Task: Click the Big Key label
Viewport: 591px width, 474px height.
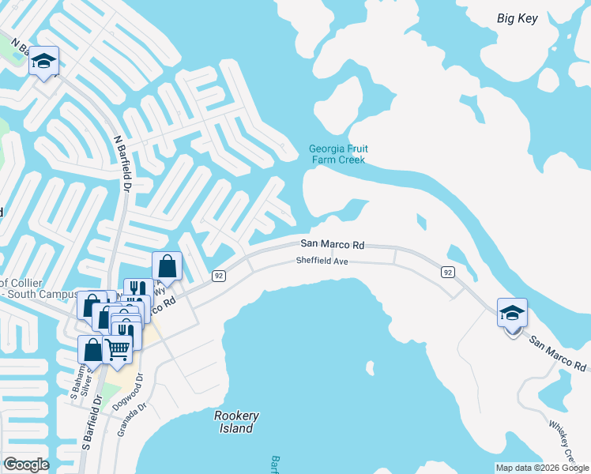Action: [518, 18]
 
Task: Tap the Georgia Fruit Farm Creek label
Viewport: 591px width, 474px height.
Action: [338, 154]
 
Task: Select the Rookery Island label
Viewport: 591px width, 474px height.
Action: [236, 422]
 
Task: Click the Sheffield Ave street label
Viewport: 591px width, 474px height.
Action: [323, 261]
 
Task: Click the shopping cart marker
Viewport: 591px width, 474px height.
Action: [119, 348]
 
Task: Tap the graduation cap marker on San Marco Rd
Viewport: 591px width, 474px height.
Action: [512, 313]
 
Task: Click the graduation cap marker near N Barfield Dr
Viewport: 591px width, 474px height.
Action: [44, 61]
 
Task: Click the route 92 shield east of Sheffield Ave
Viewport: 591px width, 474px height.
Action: [448, 272]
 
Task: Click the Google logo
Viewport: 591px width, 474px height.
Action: [26, 465]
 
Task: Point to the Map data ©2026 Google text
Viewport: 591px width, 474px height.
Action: [541, 468]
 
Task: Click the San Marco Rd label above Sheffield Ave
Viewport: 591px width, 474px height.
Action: [332, 245]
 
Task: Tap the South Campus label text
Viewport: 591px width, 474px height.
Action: [24, 295]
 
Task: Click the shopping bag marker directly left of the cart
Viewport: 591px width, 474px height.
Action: [92, 348]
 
